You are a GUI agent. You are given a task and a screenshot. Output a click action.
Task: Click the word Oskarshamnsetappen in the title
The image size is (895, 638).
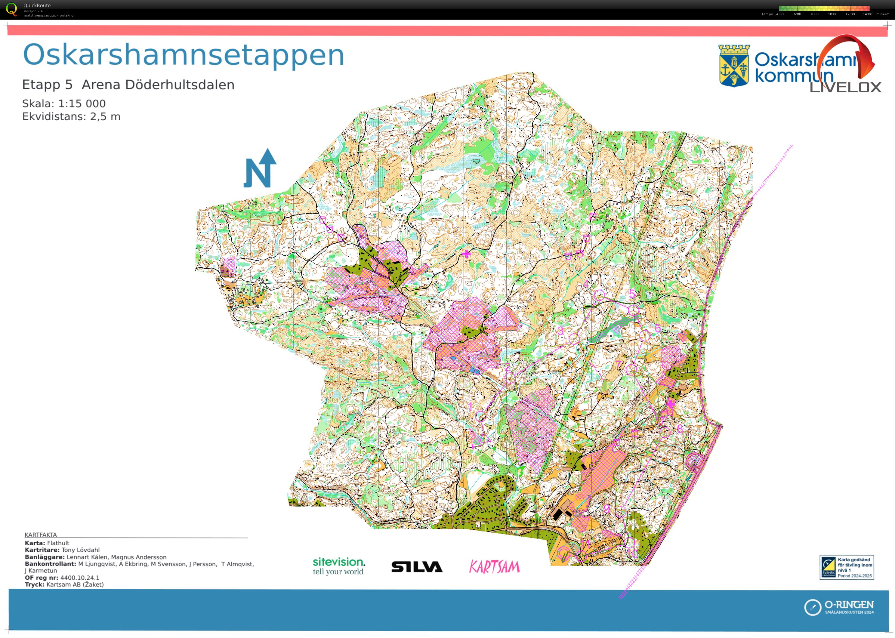[x=184, y=55]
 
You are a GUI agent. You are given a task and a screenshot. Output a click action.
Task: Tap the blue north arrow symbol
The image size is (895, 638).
[x=260, y=169]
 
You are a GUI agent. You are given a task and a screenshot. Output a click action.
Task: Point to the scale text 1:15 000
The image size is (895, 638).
[x=82, y=104]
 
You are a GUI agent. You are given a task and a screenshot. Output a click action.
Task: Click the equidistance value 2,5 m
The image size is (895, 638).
[x=105, y=117]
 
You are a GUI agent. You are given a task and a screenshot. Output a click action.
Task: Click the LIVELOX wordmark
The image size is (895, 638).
[x=845, y=87]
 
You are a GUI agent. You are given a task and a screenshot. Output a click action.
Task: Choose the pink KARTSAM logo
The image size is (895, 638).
[x=494, y=566]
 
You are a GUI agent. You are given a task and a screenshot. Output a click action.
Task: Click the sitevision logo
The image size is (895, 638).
[x=339, y=566]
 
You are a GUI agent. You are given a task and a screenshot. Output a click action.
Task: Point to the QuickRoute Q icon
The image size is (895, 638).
[x=12, y=9]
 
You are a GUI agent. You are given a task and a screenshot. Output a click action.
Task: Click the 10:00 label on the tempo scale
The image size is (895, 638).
[x=832, y=14]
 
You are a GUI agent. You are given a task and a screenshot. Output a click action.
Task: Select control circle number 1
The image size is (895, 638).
[x=480, y=416]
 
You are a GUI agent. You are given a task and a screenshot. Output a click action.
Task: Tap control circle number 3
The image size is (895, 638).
[x=574, y=338]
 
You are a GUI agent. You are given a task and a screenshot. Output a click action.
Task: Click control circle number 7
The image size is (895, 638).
[x=631, y=369]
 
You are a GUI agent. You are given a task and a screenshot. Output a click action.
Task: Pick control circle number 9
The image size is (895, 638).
[x=621, y=512]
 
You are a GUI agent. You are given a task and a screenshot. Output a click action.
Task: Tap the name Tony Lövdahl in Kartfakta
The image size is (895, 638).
[x=81, y=550]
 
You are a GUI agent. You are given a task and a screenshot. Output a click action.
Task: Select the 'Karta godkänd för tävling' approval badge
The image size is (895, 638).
[x=846, y=567]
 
